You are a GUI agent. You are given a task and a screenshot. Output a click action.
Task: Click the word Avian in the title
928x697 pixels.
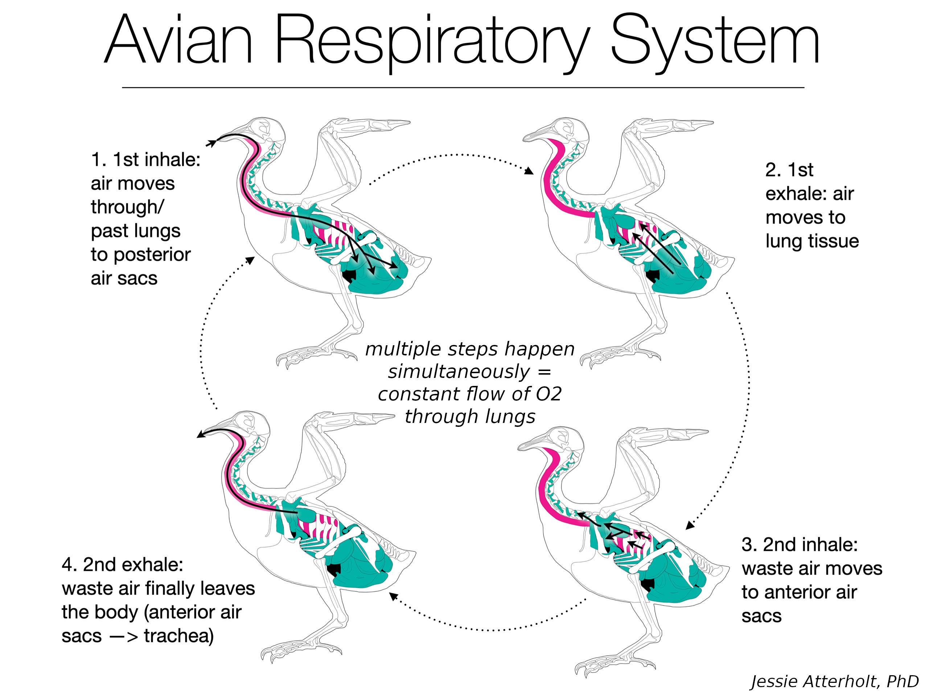click(178, 40)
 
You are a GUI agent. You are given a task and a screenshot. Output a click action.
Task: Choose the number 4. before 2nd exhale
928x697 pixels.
click(70, 565)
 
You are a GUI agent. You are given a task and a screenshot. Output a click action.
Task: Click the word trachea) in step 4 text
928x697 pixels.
click(179, 636)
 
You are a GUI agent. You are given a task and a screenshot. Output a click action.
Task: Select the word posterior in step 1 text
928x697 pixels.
click(152, 255)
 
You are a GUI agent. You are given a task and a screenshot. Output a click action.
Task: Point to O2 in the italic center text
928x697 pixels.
click(548, 394)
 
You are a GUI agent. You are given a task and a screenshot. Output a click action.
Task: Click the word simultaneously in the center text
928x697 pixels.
click(459, 372)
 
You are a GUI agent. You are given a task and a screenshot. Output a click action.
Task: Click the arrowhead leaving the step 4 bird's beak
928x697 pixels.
click(200, 435)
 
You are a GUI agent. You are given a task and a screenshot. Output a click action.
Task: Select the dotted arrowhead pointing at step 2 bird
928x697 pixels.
click(529, 171)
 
